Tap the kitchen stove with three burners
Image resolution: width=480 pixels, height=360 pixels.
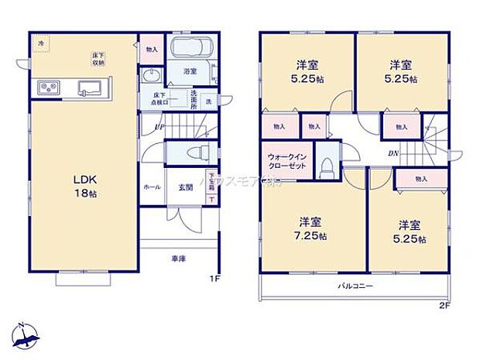click(x=46, y=89)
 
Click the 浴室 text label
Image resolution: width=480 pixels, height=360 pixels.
click(x=189, y=71)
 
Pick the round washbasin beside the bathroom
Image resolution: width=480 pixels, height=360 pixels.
click(x=152, y=75)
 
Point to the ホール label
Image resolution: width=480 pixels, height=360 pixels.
click(x=151, y=187)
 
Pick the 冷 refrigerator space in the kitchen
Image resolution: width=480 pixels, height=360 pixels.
click(x=40, y=45)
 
